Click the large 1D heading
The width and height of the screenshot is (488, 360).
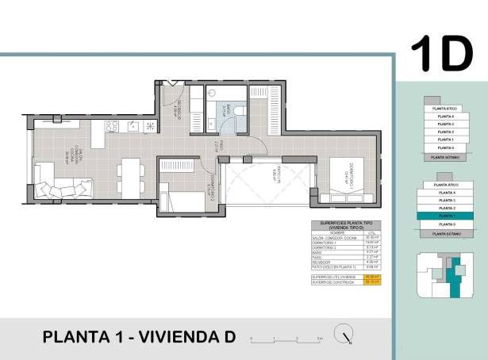click(441, 53)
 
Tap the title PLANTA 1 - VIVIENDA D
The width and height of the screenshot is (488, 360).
click(140, 337)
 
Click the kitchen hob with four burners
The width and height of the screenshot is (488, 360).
click(132, 126)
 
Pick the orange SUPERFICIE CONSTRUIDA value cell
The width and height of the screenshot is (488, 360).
click(369, 281)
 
